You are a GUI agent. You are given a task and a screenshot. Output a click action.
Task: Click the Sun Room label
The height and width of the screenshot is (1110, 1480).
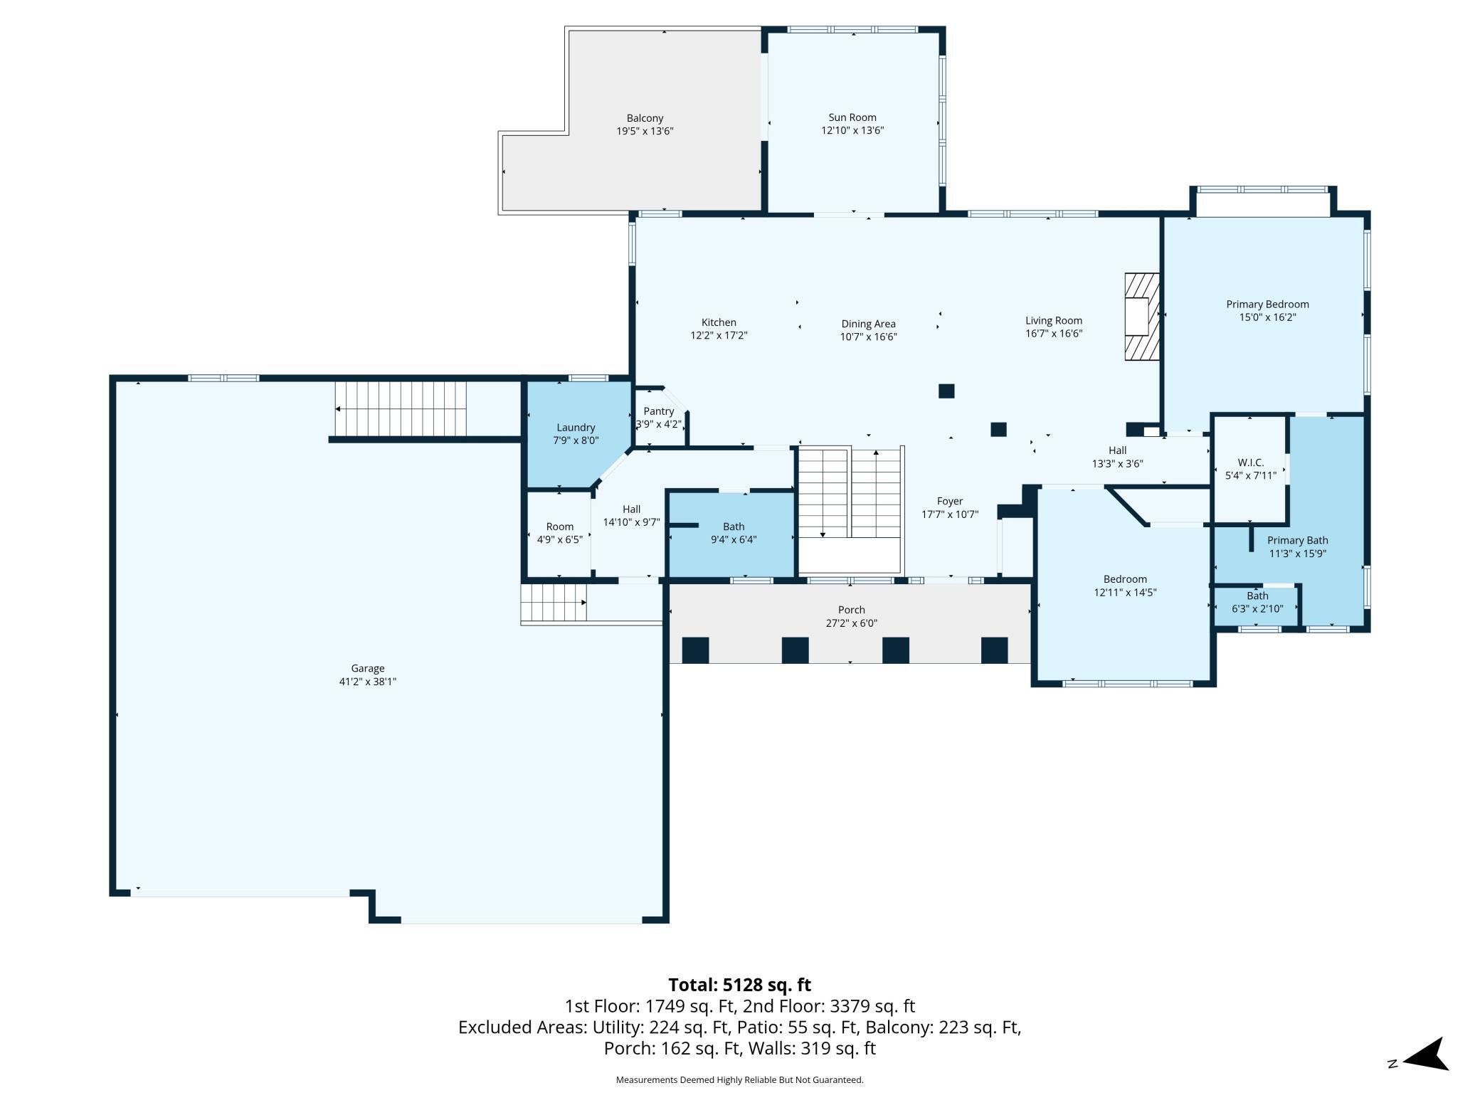852,117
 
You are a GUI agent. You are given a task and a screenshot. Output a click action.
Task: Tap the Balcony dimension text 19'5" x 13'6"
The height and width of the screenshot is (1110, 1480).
645,131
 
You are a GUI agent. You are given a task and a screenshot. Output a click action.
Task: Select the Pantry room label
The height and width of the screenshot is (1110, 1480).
658,411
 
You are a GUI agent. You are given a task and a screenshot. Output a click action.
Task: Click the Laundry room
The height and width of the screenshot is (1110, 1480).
576,434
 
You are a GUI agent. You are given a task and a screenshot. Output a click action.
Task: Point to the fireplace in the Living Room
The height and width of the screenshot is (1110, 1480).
1141,317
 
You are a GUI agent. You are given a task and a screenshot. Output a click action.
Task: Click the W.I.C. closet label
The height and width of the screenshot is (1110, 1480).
1250,462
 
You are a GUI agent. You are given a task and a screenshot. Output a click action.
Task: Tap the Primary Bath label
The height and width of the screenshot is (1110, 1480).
1297,540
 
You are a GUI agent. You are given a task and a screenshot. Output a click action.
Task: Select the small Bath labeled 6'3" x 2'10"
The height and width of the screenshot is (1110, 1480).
1257,603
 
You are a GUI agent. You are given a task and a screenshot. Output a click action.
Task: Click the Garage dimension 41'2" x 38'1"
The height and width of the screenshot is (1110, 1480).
367,682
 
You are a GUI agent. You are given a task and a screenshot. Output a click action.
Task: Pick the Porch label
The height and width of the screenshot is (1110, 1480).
851,610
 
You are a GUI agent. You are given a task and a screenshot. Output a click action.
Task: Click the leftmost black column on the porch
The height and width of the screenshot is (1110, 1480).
695,650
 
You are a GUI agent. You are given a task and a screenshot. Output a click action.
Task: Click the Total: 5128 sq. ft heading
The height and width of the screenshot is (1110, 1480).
739,985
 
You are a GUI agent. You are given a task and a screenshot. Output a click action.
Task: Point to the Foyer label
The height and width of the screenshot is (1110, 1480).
949,501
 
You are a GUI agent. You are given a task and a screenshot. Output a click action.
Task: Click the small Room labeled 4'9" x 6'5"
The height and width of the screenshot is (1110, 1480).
559,533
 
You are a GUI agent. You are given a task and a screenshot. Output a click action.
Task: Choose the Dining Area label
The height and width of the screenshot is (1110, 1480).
868,324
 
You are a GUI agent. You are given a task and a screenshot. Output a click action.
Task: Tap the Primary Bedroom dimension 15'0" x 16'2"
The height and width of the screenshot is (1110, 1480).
1267,317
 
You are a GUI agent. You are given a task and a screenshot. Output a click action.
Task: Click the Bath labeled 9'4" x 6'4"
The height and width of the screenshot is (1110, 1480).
733,533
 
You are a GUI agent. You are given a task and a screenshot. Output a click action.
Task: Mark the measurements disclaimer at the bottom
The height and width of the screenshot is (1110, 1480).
739,1080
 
